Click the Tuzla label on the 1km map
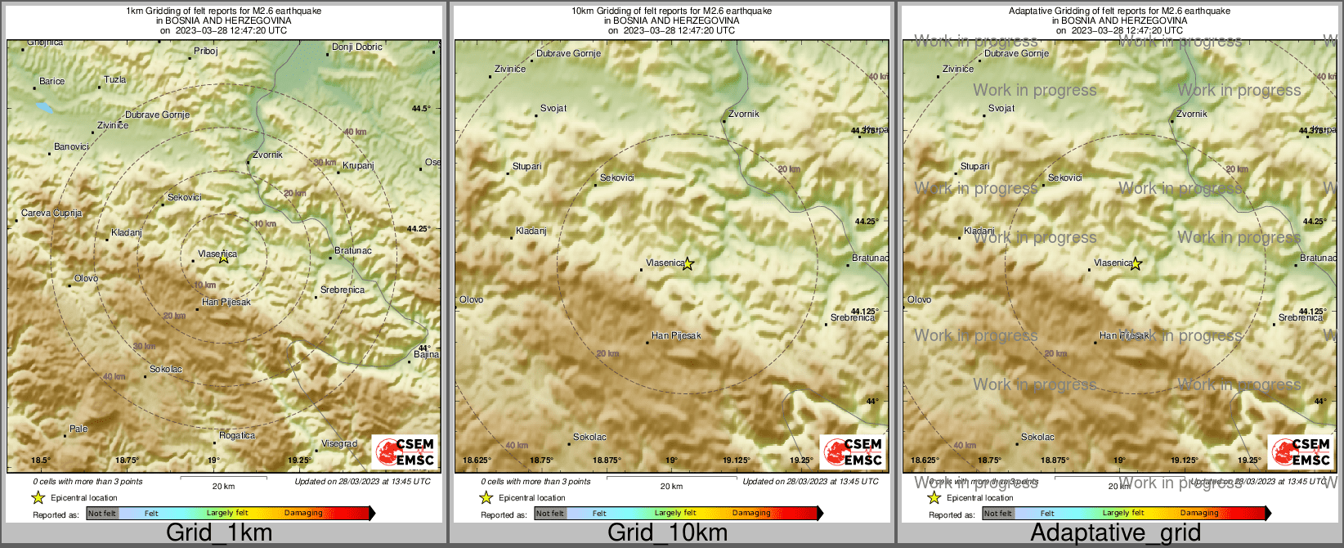click(114, 80)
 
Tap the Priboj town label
click(205, 51)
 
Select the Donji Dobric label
click(356, 47)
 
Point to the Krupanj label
click(358, 165)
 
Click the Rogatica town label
click(237, 435)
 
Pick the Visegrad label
click(338, 443)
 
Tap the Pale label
click(78, 429)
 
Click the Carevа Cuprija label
click(52, 213)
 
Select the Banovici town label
click(71, 146)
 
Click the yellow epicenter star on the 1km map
click(224, 258)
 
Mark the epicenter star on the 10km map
click(688, 263)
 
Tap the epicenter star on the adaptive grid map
click(1136, 263)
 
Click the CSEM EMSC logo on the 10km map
click(853, 451)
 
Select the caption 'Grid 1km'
click(219, 532)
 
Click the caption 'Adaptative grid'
click(1115, 532)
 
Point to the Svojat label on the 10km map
click(553, 108)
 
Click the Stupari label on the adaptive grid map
click(974, 166)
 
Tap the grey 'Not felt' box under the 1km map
click(102, 514)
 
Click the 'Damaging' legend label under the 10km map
click(750, 514)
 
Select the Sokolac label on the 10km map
click(589, 437)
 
